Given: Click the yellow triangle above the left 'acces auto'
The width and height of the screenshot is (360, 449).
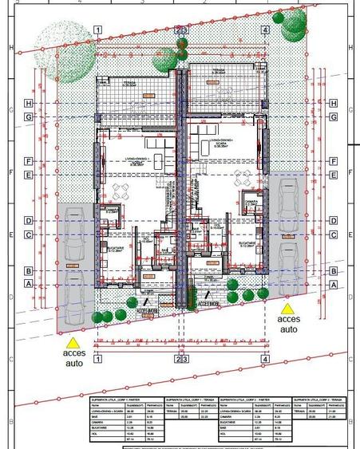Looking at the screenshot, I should tap(73, 341).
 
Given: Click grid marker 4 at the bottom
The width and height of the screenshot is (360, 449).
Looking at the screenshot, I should tap(265, 359).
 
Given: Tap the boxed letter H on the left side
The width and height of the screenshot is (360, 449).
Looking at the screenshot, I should tap(28, 103).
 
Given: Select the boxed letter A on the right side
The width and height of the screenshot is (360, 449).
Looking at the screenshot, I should tap(334, 284).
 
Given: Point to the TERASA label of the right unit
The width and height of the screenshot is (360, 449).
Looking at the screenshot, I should tap(217, 70).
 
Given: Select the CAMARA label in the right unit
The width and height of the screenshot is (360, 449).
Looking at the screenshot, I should tap(250, 202).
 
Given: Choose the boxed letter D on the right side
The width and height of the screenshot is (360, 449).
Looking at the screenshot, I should tap(334, 220).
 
